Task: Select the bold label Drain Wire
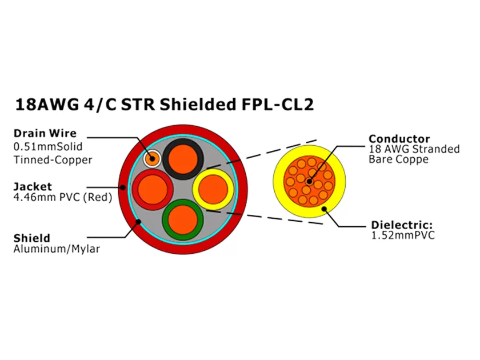click(x=45, y=134)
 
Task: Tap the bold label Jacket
click(x=33, y=186)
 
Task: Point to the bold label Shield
click(x=32, y=238)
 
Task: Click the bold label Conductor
click(x=398, y=139)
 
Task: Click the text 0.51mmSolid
click(x=47, y=146)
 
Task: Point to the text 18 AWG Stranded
click(x=414, y=150)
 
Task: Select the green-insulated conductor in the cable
click(x=182, y=219)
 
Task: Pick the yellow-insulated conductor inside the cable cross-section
click(x=213, y=188)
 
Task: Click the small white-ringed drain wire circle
click(x=153, y=158)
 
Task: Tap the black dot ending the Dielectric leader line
click(x=325, y=209)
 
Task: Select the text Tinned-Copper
click(x=53, y=159)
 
